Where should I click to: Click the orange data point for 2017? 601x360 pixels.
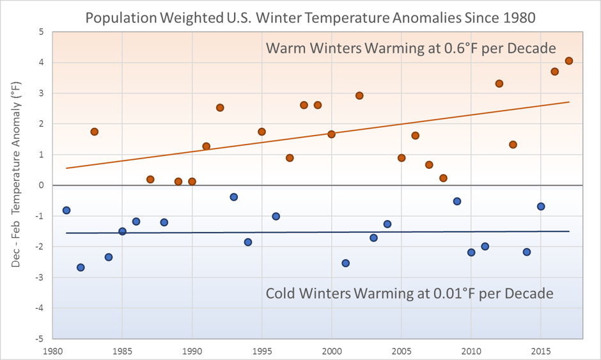[x=568, y=61]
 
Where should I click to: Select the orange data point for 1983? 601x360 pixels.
[x=94, y=132]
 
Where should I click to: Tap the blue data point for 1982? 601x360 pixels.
[x=81, y=267]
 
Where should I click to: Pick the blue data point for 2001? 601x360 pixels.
[x=346, y=263]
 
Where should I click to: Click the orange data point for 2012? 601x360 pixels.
[x=499, y=84]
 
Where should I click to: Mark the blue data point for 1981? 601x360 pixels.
[x=66, y=210]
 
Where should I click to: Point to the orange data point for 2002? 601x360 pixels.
[x=359, y=96]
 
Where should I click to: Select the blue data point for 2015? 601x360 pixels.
[x=541, y=207]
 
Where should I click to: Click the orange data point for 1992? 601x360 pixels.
[x=220, y=107]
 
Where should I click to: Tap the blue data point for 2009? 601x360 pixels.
[x=457, y=201]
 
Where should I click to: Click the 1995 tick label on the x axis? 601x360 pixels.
[x=261, y=351]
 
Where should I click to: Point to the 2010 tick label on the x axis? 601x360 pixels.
[x=471, y=351]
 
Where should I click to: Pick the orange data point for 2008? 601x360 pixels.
[x=443, y=178]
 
